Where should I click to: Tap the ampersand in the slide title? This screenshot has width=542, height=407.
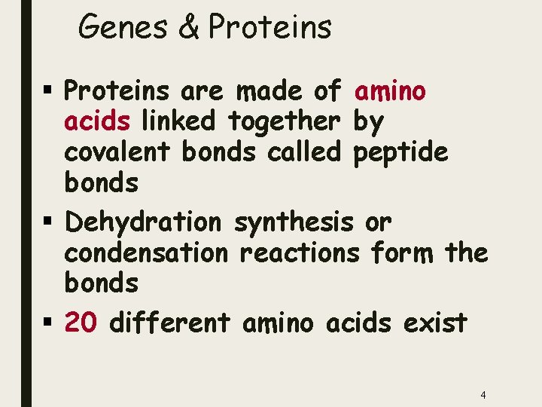pos(188,28)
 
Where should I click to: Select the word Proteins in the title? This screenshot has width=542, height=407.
pos(269,28)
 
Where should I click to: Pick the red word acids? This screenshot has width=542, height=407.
pos(96,121)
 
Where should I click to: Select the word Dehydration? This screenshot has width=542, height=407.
pos(143,222)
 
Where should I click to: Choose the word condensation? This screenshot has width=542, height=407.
pos(145,252)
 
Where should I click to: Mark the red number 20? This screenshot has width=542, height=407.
pos(80,323)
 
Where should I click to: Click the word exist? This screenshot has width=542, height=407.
pos(434,323)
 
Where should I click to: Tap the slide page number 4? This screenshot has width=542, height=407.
pos(483,395)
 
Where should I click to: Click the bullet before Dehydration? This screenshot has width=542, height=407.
pos(47,223)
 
